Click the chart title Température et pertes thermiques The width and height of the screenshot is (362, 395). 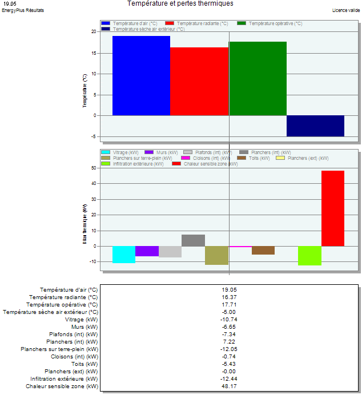click(180, 3)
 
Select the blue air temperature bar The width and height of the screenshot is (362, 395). click(141, 75)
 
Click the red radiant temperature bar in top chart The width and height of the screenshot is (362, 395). click(199, 81)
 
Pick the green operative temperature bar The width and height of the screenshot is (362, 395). click(258, 78)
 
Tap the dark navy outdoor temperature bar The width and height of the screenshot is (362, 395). click(315, 126)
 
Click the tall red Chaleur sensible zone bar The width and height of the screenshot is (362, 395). click(333, 208)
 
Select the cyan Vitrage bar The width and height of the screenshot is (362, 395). click(124, 255)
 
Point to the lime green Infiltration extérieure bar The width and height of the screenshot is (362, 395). click(309, 256)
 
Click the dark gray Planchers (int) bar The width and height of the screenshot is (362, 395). click(193, 240)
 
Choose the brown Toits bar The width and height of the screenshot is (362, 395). click(263, 250)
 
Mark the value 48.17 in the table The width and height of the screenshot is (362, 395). click(229, 386)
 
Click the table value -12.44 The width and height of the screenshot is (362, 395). click(229, 379)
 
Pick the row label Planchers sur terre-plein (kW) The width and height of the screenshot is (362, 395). click(59, 349)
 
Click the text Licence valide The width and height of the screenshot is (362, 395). click(346, 10)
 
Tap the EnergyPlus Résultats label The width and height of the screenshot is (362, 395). click(23, 10)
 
